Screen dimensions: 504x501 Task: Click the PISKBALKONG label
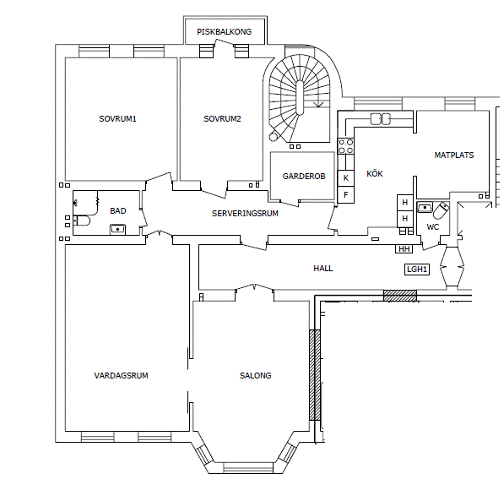pos(224,32)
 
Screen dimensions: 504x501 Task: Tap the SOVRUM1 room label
pos(117,119)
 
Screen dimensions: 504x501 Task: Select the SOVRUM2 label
pos(222,119)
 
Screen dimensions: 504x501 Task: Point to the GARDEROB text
pos(304,177)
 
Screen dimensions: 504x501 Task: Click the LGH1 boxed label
pos(417,270)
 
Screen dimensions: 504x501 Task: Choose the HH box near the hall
pos(404,248)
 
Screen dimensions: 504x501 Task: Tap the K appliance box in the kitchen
pos(346,178)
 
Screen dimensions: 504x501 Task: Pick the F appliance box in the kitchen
pos(346,194)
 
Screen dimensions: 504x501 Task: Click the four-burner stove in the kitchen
pos(346,146)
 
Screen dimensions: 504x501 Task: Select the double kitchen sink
pos(381,119)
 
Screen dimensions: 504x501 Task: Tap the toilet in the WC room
pos(441,210)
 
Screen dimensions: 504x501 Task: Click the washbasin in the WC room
pos(425,208)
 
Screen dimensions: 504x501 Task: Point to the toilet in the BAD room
pos(82,221)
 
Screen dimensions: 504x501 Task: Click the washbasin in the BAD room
pos(118,230)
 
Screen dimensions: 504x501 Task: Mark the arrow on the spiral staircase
pos(318,105)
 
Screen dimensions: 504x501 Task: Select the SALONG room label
pos(255,375)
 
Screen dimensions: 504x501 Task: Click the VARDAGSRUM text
pos(121,375)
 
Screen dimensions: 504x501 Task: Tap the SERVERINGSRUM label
pos(245,214)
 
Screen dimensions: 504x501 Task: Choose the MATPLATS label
pos(454,155)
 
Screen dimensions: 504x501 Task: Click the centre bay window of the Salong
pos(248,468)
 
